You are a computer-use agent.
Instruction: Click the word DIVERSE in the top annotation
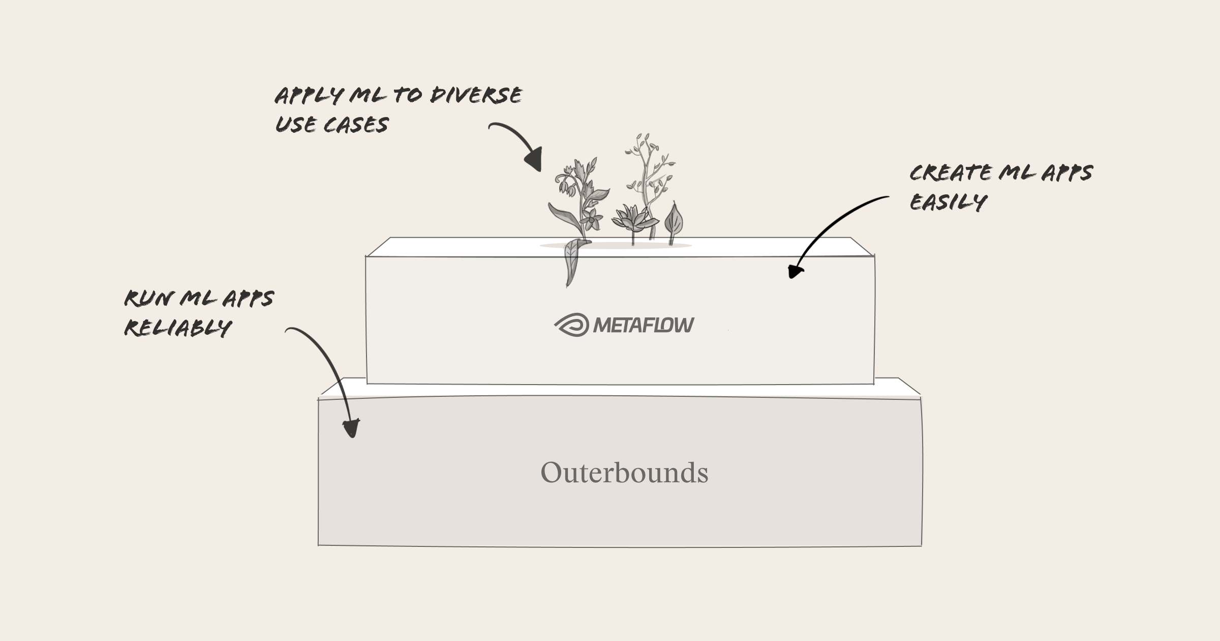476,95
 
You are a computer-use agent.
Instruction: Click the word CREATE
951,173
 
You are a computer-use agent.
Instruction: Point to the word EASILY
948,202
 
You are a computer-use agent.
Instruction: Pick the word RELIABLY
178,328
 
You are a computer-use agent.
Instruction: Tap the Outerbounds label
624,473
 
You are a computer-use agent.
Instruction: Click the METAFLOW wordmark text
644,325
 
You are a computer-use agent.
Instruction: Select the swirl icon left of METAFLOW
572,325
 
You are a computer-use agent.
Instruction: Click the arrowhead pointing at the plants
534,159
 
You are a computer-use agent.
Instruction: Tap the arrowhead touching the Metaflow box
795,272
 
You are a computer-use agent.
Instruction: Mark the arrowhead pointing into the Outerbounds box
351,427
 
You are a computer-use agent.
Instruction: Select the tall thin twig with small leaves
648,183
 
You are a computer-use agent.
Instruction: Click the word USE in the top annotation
295,125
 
